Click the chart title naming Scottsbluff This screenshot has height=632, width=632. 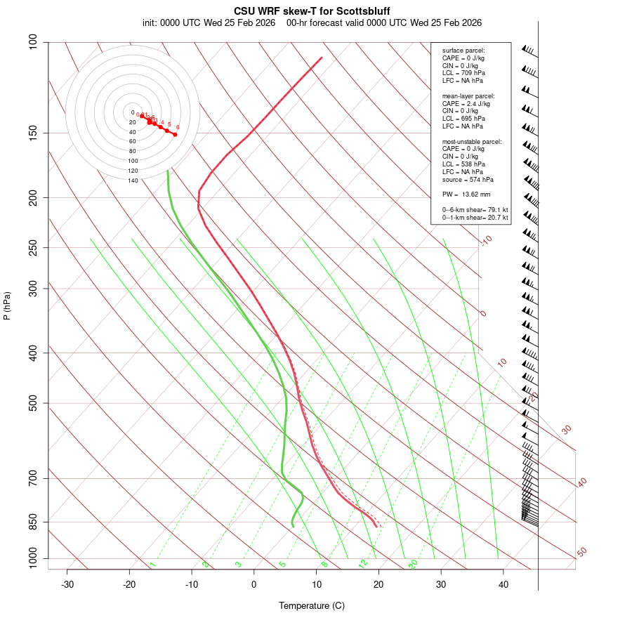coord(311,11)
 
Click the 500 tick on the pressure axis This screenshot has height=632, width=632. coord(34,403)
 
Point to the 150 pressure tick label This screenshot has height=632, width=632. coord(34,133)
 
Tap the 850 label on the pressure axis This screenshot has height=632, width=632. coord(34,522)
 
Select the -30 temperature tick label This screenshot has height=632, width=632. coord(67,584)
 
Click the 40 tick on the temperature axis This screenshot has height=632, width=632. coord(503,584)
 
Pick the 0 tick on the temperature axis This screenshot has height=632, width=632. coord(254,584)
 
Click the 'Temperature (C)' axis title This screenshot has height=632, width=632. coord(311,605)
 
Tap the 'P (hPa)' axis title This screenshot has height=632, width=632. coord(7,305)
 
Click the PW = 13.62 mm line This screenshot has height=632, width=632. coord(466,195)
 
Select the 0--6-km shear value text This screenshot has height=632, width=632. coord(475,209)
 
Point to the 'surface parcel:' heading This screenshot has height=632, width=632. coord(463,51)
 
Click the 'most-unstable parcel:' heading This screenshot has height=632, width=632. coord(472,141)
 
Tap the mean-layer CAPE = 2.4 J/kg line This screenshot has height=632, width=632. coord(466,103)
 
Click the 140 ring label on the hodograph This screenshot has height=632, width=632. coord(133,180)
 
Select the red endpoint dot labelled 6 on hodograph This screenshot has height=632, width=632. coord(175,134)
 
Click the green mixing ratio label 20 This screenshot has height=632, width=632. coord(413,564)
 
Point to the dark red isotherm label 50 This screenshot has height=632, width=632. coord(581,553)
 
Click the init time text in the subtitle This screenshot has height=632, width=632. coord(211,22)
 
